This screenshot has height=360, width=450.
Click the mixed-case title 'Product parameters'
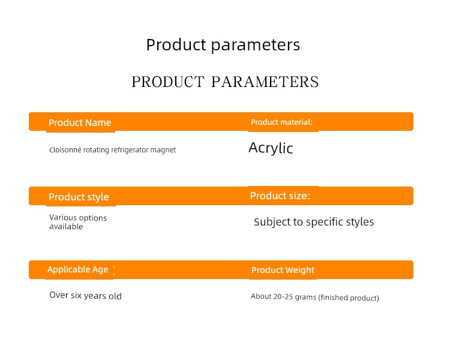pyautogui.click(x=223, y=45)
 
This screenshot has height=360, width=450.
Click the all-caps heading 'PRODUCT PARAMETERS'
pyautogui.click(x=225, y=82)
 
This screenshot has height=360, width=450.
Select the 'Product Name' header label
pyautogui.click(x=80, y=122)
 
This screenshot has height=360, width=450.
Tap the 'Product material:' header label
pyautogui.click(x=281, y=122)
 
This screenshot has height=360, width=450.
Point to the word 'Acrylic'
pyautogui.click(x=271, y=148)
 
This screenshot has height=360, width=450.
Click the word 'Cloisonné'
pyautogui.click(x=65, y=149)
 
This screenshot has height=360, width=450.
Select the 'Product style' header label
pyautogui.click(x=79, y=197)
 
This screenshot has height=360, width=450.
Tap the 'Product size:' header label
pyautogui.click(x=280, y=196)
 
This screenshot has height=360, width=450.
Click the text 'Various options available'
pyautogui.click(x=78, y=222)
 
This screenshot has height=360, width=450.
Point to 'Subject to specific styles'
pyautogui.click(x=314, y=222)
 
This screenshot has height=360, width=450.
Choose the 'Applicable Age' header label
pyautogui.click(x=78, y=269)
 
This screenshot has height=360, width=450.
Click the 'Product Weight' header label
pyautogui.click(x=283, y=270)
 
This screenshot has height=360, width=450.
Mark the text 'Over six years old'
pyautogui.click(x=86, y=295)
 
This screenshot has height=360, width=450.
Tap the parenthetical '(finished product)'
pyautogui.click(x=349, y=298)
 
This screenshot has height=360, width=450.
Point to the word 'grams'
pyautogui.click(x=305, y=297)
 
